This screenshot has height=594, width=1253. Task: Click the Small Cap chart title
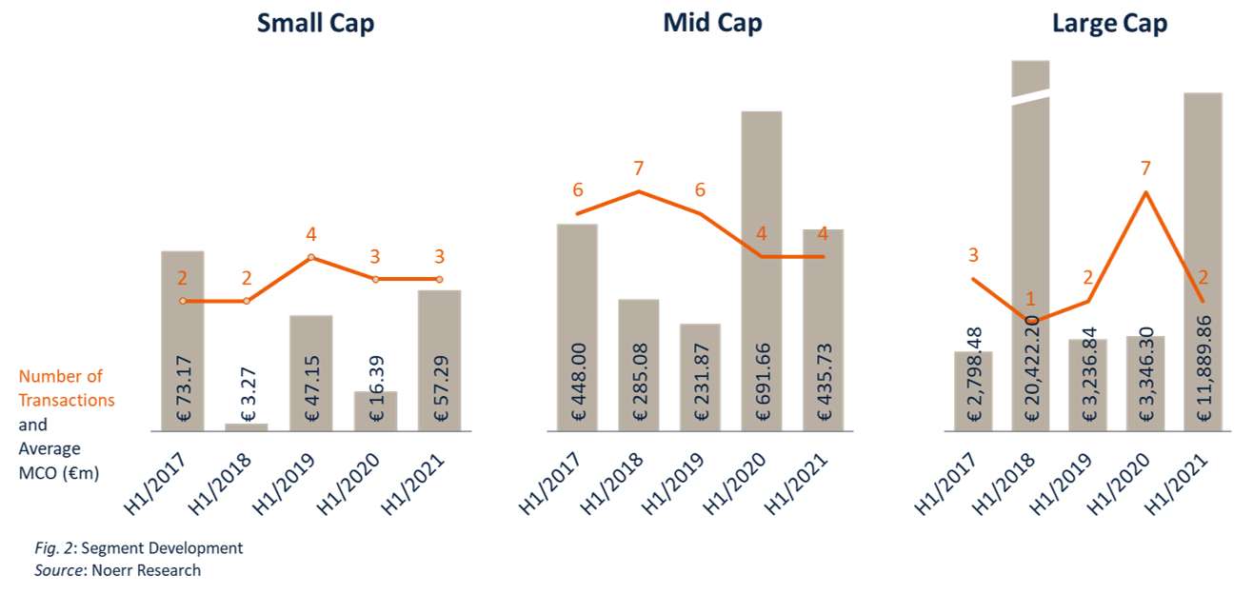(315, 24)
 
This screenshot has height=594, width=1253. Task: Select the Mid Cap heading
(712, 24)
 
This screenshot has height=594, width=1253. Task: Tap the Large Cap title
(1109, 24)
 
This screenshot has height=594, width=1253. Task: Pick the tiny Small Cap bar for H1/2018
(247, 426)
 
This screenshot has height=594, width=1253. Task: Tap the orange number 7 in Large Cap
(1145, 168)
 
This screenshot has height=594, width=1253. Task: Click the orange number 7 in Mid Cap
(639, 168)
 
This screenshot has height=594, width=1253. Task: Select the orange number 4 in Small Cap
(311, 234)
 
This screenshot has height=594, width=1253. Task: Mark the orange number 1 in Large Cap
(1030, 299)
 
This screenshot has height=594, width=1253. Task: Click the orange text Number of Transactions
(66, 388)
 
